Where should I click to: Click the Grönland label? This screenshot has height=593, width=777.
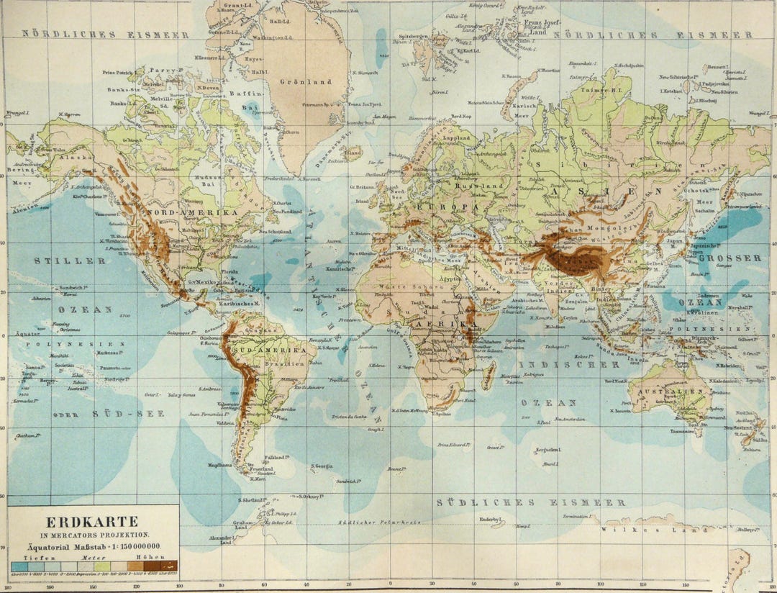tap(311, 82)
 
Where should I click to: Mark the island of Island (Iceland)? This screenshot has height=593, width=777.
tap(353, 153)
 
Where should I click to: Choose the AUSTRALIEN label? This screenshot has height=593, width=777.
tap(667, 391)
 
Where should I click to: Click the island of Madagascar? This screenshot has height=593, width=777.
tap(489, 375)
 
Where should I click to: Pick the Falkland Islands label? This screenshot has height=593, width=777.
tap(276, 457)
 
